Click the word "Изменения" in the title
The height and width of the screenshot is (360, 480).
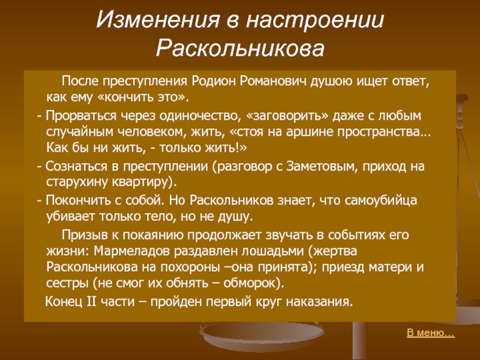point(158,19)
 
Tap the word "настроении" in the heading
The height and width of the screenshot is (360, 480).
point(315,20)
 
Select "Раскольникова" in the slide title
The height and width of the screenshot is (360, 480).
point(240,49)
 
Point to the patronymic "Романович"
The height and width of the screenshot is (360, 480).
point(274,82)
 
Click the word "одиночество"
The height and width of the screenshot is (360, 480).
point(198,116)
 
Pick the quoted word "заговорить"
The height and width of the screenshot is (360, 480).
point(287,116)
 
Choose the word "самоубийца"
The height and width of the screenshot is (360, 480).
point(381,200)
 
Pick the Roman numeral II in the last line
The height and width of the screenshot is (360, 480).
point(92,302)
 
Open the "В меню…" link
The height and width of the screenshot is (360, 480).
point(431,333)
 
